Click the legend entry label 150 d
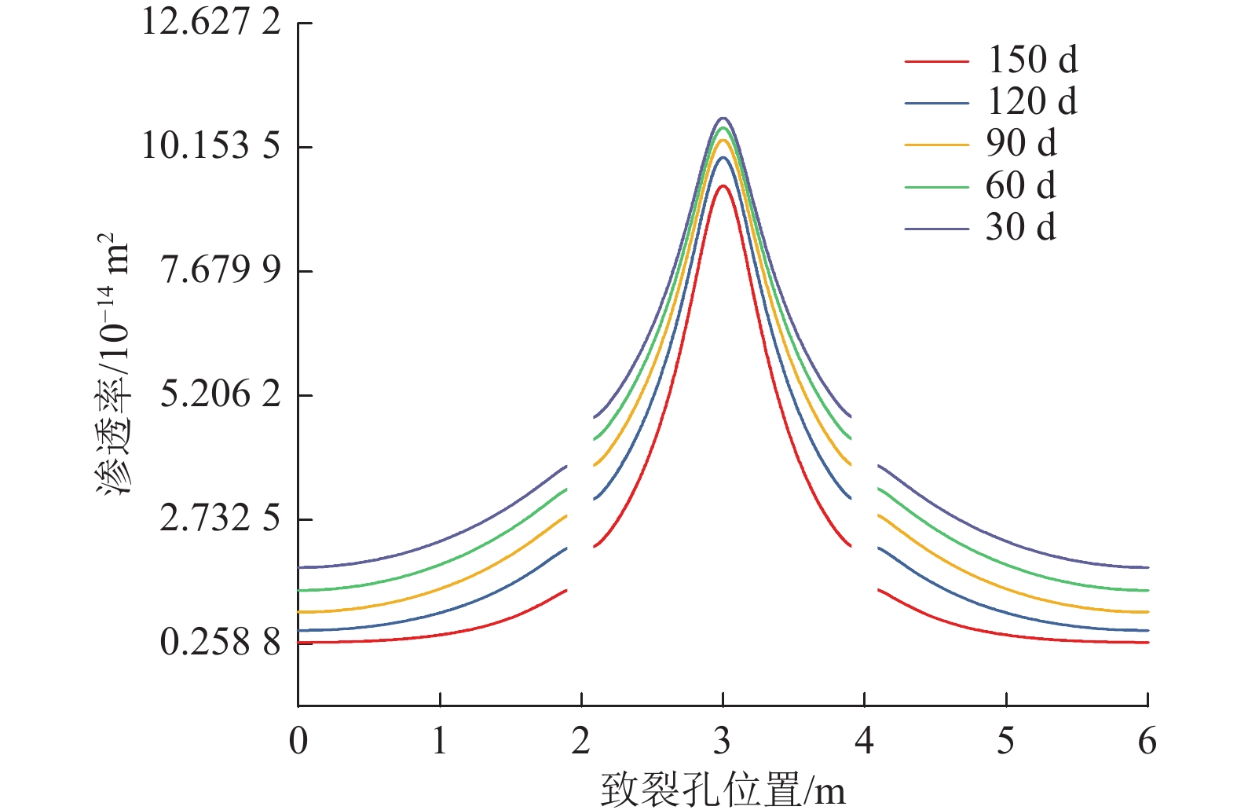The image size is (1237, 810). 1032,60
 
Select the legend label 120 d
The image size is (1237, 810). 1032,101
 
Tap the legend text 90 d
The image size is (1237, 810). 1021,143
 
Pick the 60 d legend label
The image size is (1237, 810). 1021,185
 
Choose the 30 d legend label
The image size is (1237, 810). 1021,228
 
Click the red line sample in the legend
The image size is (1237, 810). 936,60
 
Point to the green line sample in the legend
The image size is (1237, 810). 936,187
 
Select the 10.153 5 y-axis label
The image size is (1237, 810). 210,145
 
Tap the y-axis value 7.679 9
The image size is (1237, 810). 220,269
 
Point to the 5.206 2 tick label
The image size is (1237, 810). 220,394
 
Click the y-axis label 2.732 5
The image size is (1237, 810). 220,518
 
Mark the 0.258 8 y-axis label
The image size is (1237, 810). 220,642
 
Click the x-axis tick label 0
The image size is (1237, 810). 298,741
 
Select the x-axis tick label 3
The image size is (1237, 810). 723,741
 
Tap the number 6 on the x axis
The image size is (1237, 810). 1147,741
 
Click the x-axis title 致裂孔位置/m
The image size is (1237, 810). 723,790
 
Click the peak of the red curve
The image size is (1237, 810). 723,185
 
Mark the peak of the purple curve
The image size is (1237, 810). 723,118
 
